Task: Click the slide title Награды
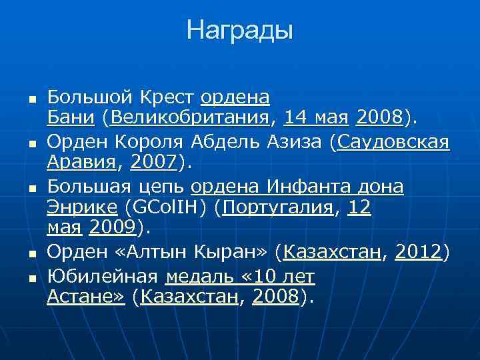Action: point(239,30)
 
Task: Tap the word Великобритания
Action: point(191,119)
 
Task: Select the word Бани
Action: point(70,119)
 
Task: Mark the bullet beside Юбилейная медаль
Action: point(31,275)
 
